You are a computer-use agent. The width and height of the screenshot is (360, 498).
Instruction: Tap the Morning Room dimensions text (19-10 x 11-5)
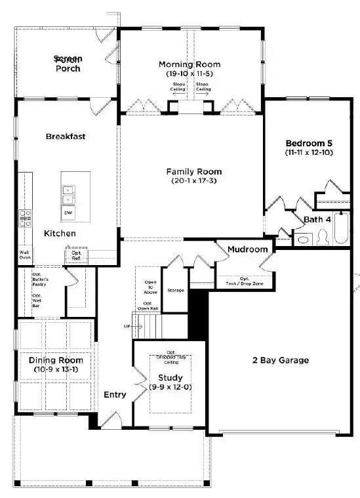pos(190,74)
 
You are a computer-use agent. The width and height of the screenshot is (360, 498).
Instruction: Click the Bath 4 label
pos(317,219)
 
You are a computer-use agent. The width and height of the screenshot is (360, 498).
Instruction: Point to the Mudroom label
pos(248,249)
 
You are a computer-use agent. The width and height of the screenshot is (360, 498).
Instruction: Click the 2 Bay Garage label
pos(280,360)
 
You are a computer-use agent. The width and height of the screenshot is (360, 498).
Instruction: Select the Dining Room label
pos(56,360)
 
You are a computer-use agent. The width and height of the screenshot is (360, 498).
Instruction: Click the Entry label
pos(115,394)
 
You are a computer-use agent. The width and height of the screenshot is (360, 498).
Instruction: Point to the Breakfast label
pos(66,136)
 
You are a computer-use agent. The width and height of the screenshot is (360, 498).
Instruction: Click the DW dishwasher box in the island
pos(68,213)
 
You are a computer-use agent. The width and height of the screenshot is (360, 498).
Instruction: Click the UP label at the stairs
pos(127,326)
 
